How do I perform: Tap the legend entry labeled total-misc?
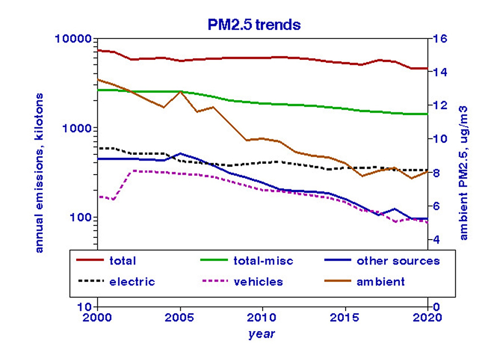point(263,261)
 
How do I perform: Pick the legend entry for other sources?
point(398,261)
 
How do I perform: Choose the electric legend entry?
point(132,281)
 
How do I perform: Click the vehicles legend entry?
point(260,281)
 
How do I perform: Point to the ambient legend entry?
point(381,281)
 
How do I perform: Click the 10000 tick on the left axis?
point(75,39)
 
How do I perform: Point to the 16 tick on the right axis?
point(440,39)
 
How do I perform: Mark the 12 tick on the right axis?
point(440,106)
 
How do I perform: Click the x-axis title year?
point(262,334)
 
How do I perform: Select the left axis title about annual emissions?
point(40,172)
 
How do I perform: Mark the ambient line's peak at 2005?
point(180,91)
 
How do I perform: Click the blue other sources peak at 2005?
point(180,153)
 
